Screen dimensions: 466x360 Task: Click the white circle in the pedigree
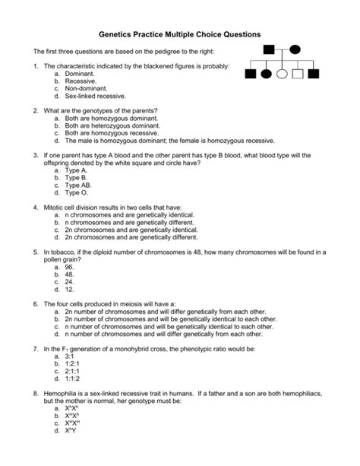pyautogui.click(x=283, y=74)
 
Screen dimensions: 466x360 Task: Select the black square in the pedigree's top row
pyautogui.click(x=268, y=50)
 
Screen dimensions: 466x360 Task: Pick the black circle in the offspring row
pyautogui.click(x=267, y=74)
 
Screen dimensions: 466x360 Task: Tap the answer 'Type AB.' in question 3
pyautogui.click(x=81, y=185)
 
